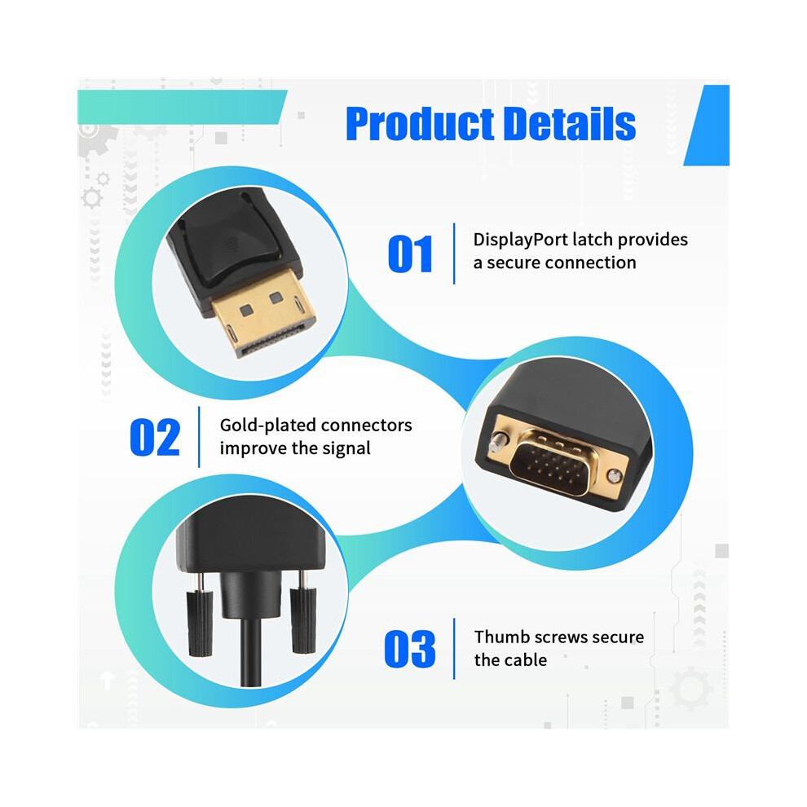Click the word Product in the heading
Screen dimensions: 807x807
tap(421, 124)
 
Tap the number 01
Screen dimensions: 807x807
tap(410, 254)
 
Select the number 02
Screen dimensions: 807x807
tap(155, 437)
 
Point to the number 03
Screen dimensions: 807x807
tap(410, 649)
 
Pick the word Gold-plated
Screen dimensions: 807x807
tap(267, 426)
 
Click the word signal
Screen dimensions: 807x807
tap(346, 449)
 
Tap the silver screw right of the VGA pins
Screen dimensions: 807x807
tap(614, 475)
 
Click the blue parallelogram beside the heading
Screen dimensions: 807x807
tap(706, 125)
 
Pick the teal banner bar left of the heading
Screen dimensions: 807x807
tap(183, 107)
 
